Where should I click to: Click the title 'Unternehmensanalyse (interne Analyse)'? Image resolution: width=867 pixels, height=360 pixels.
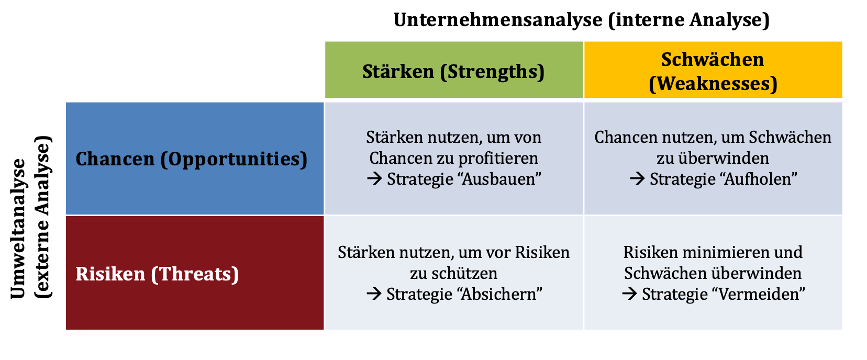coord(581,20)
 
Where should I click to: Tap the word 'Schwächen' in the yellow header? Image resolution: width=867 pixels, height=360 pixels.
coord(713,59)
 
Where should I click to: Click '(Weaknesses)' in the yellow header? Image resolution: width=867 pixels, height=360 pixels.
coord(713,84)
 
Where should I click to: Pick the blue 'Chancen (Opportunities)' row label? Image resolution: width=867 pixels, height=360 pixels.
coord(192,159)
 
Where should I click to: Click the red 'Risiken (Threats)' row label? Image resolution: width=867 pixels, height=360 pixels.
coord(157,274)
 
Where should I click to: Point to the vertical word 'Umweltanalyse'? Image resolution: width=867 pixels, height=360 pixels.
coord(18,229)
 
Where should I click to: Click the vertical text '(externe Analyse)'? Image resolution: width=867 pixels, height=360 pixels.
coord(42,217)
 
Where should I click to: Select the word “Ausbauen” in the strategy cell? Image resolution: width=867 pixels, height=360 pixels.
coord(499,178)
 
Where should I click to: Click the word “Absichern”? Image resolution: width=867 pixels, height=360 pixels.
coord(499,294)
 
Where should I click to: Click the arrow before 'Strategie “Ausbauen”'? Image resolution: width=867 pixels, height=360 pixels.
coord(374,178)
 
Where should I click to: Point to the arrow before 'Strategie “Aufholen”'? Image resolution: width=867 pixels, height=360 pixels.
coord(637,178)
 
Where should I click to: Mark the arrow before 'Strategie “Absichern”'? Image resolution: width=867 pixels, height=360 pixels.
coord(374,294)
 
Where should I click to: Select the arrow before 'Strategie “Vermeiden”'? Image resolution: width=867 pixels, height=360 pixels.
coord(629,294)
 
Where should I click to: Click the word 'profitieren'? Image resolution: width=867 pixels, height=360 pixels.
coord(499,158)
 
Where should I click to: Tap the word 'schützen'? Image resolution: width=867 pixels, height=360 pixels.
coord(464,273)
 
